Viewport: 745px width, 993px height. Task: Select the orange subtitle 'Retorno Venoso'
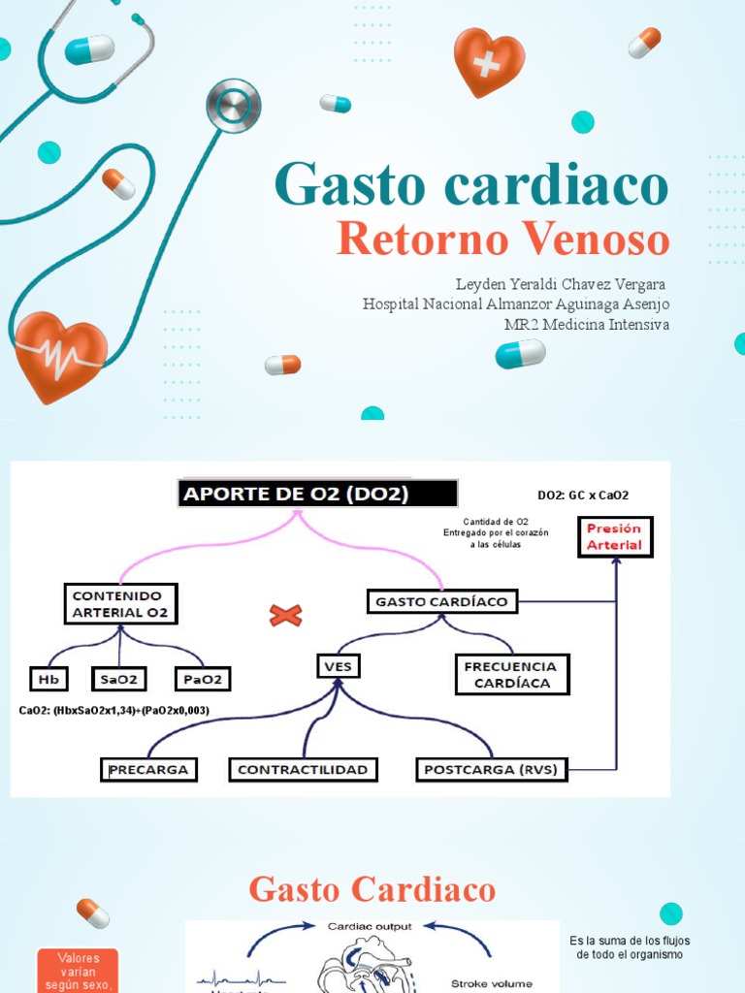pos(502,240)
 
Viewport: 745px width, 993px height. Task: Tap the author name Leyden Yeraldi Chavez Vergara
pos(561,284)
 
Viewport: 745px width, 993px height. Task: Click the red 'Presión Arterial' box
pos(614,536)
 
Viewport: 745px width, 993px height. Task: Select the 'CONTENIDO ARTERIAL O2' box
pos(120,603)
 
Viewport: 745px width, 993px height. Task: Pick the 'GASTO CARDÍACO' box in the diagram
pos(441,601)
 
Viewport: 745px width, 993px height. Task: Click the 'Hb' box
pos(44,679)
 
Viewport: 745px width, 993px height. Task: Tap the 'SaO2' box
pos(118,679)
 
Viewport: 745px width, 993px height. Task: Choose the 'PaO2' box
pos(203,679)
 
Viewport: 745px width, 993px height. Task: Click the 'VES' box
pos(337,667)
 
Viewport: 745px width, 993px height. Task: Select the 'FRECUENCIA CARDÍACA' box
pos(511,674)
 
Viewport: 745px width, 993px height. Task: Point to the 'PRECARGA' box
pos(149,769)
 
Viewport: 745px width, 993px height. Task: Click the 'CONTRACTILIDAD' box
pos(303,769)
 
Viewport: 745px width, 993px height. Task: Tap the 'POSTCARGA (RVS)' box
pos(493,769)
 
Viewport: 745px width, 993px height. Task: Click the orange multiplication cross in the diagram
pos(285,615)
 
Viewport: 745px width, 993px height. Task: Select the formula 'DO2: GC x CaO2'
pos(583,495)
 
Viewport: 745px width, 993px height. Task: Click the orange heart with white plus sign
pos(489,61)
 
